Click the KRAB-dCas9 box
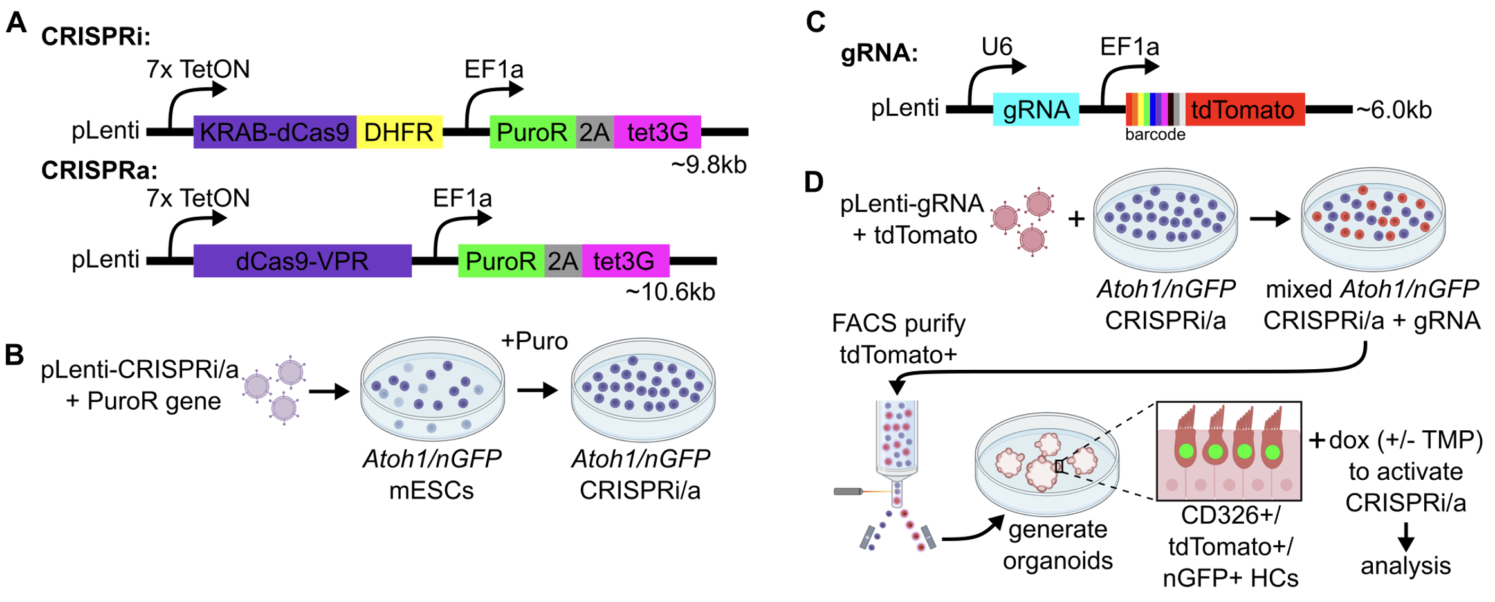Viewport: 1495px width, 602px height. coord(275,132)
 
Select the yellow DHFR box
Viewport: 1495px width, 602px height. coord(399,132)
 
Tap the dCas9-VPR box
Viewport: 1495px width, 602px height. coord(302,261)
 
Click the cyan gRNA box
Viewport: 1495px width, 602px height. coord(1036,109)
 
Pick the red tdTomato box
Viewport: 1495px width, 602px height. coord(1244,109)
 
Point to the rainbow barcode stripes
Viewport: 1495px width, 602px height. coord(1155,109)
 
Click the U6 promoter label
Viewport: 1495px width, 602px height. coord(996,46)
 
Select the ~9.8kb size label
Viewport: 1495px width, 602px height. coord(708,165)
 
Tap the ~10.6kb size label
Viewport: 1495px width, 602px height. coord(670,293)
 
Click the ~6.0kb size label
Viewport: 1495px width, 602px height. coord(1393,110)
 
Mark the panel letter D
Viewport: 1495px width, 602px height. coord(814,182)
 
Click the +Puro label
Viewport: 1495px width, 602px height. coord(534,341)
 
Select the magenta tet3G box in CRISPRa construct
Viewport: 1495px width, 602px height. coord(625,261)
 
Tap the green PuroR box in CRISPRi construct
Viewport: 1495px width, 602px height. coord(532,132)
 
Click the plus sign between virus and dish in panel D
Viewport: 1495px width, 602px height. coord(1076,219)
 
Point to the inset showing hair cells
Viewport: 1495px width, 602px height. coord(1229,451)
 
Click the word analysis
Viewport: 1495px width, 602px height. coord(1406,566)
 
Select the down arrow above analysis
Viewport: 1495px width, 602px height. coord(1406,536)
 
